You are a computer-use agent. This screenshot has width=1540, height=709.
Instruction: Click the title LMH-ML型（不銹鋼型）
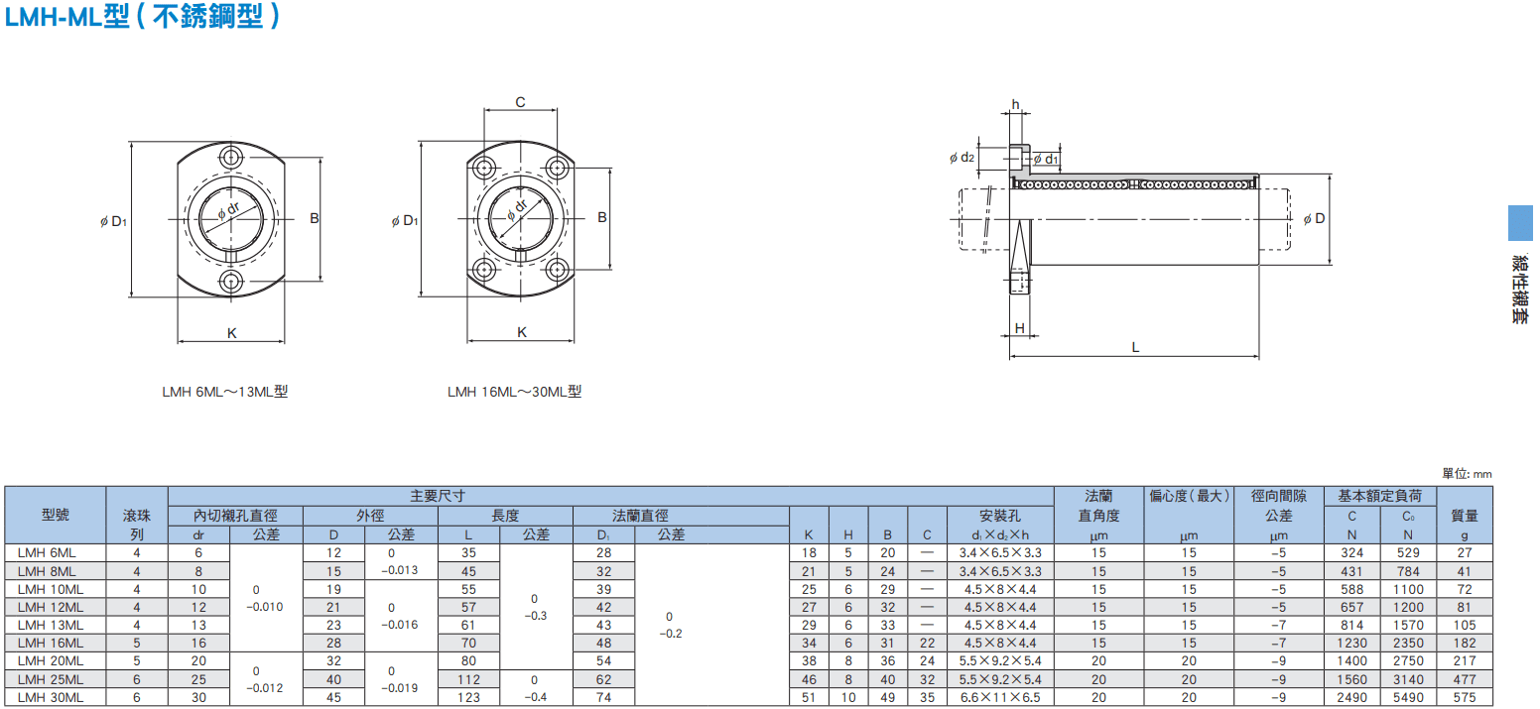pos(142,17)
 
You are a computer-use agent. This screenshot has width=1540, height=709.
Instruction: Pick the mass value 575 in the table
pos(1465,697)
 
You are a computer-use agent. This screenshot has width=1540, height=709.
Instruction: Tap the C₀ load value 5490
pos(1408,697)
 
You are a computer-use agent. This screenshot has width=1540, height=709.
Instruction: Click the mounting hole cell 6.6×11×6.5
pos(1000,697)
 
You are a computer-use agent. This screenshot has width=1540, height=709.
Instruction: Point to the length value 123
pos(468,697)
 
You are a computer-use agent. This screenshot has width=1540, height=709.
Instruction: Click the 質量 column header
pos(1465,516)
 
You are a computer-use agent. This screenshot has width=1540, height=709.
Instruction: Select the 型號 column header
pos(55,515)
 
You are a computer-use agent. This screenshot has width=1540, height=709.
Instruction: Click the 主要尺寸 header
pos(438,496)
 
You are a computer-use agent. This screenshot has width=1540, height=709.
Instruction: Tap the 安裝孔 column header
pos(1000,516)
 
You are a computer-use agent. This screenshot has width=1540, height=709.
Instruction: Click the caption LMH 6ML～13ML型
pos(225,392)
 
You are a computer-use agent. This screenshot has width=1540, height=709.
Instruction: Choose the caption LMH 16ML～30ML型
pos(514,392)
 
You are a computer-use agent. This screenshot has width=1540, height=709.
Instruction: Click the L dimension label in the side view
pos(1135,348)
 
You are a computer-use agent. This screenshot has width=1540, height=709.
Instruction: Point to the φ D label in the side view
pos(1314,218)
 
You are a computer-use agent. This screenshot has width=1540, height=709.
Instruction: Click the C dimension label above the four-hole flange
pos(520,102)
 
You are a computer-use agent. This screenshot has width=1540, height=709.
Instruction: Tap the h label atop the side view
pos(1015,104)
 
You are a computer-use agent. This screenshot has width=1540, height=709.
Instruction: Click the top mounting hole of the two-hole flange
pos(231,158)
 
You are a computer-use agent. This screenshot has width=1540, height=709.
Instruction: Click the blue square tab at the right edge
pos(1521,222)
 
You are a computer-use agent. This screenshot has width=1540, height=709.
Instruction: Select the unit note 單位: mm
pos(1467,474)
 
